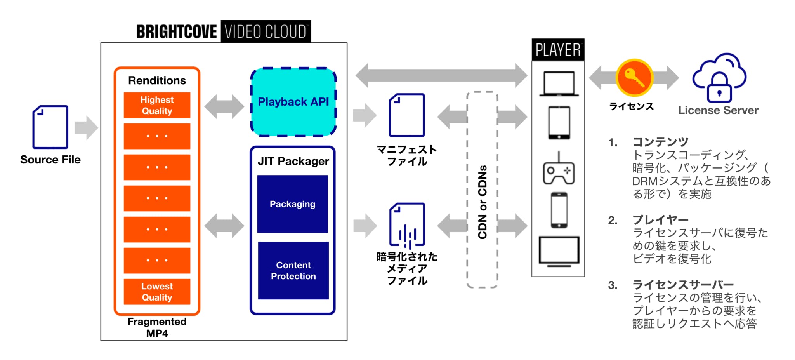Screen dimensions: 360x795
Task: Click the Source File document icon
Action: coord(50,127)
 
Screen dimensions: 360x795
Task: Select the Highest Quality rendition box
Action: coord(157,105)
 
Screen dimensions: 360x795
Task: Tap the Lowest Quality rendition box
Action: coord(157,292)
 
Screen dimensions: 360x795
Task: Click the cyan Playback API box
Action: coord(293,102)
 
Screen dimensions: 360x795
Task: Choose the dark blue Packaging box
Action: coord(293,204)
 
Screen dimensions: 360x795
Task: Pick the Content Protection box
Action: coord(293,271)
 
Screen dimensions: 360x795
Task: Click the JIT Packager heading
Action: coord(293,161)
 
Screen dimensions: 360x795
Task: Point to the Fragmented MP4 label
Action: coord(157,327)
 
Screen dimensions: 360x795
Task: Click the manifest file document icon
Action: coord(407,115)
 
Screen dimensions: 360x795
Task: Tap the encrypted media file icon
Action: coord(407,225)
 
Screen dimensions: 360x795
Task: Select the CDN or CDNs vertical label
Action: coord(483,202)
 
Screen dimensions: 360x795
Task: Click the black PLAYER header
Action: coord(558,50)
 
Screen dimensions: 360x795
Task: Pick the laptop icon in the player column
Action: coord(559,83)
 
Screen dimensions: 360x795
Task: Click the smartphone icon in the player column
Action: coord(559,210)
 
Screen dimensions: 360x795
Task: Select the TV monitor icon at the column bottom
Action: coord(559,251)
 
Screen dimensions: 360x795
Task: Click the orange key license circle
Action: coord(634,78)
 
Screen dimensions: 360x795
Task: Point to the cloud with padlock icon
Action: coord(719,78)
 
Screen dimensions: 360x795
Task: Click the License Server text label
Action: coord(718,110)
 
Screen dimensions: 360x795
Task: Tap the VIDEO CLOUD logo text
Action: coord(266,31)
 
